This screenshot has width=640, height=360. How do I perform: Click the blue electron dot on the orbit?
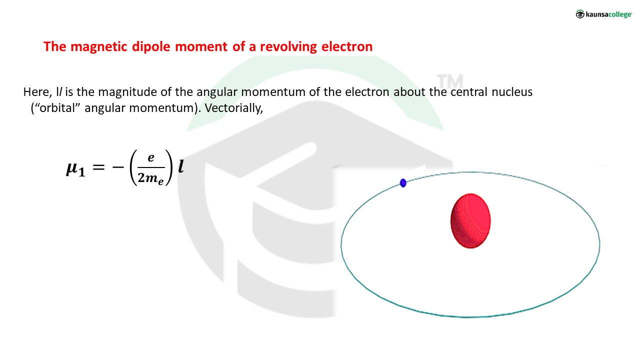(x=403, y=183)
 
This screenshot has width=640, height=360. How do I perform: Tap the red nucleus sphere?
(x=470, y=221)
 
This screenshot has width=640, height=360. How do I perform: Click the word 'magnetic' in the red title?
(x=98, y=46)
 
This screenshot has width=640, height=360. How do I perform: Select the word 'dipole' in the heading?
(x=151, y=47)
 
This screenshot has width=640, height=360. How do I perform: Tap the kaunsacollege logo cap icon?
(x=580, y=14)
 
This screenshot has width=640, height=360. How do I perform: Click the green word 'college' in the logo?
(x=619, y=14)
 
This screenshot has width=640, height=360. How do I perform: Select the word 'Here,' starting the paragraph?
(x=37, y=92)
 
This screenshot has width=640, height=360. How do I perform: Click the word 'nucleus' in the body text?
(x=512, y=92)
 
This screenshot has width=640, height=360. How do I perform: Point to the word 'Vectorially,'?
(x=233, y=108)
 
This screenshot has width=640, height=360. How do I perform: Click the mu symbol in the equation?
(x=71, y=168)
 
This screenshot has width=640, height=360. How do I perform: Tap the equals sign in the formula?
(x=99, y=167)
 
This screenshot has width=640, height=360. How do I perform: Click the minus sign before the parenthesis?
(x=118, y=167)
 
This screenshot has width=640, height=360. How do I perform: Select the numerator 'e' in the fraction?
(x=151, y=157)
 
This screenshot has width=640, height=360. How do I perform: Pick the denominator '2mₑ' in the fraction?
(x=151, y=178)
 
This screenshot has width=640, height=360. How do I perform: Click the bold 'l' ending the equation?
(x=181, y=166)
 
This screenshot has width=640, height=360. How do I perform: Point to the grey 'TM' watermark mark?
(x=449, y=81)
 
